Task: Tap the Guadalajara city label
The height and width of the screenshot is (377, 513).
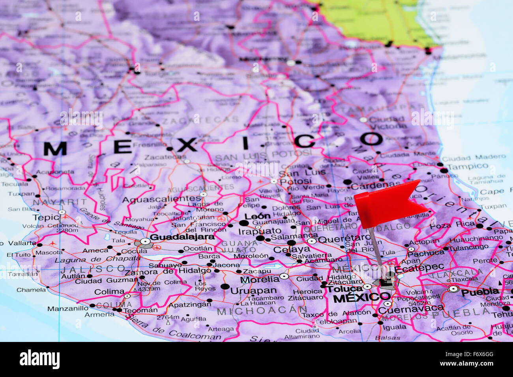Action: tap(182, 237)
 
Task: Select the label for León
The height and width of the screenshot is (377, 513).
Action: tap(257, 216)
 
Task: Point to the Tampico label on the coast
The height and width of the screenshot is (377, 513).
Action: tap(468, 167)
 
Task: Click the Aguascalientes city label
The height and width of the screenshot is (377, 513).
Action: tap(161, 199)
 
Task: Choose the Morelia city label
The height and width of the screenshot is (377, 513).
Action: tap(260, 280)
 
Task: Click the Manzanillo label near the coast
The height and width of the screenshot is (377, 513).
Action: tap(68, 308)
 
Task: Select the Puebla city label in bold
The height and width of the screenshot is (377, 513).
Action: tap(480, 292)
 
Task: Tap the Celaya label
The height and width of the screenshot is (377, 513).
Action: tap(292, 249)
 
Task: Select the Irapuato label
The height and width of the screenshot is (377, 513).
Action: tap(260, 231)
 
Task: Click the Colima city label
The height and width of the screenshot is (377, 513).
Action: tap(109, 292)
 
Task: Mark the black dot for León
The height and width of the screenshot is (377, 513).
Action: tap(244, 223)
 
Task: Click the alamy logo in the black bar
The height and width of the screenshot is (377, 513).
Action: tap(39, 360)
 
